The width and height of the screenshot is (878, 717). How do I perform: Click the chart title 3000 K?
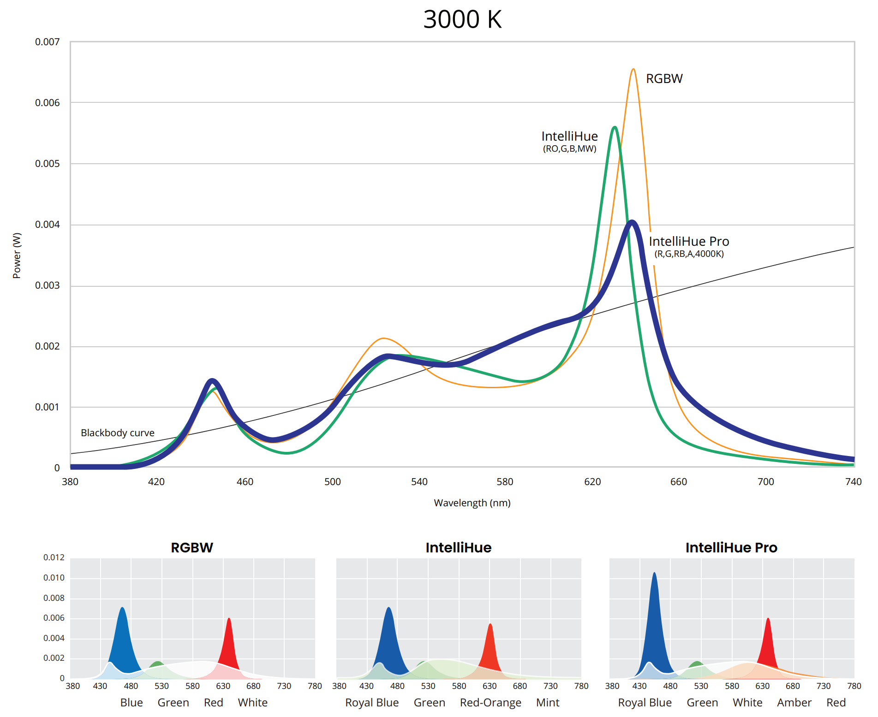(462, 20)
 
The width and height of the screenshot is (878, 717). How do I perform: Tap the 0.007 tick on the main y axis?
(48, 42)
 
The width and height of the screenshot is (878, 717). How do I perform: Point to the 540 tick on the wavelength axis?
(419, 482)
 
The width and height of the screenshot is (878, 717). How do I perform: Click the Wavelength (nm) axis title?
(472, 503)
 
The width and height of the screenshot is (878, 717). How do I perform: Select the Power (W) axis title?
(17, 255)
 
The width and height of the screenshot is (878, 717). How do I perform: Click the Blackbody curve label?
(117, 433)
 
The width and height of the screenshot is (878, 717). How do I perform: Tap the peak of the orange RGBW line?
(633, 70)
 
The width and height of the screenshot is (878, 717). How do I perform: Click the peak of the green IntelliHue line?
(615, 127)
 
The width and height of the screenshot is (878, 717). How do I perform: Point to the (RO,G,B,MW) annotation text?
(569, 149)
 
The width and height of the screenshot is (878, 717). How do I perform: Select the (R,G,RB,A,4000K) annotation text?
(689, 254)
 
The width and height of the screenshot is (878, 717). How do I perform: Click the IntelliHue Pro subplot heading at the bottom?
(731, 548)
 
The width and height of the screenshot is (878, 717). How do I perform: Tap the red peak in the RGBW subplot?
(229, 619)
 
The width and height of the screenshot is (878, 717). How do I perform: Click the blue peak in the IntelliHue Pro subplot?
(654, 574)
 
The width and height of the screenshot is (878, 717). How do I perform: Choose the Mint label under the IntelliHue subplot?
(548, 703)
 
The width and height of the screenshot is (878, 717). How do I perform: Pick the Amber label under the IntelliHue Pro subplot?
(794, 703)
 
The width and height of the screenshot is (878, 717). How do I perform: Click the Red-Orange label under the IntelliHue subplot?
(490, 703)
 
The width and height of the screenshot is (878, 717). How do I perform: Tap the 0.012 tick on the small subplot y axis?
(54, 557)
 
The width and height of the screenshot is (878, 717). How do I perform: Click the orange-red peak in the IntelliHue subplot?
(490, 625)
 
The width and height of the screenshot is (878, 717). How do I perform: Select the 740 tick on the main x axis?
(853, 482)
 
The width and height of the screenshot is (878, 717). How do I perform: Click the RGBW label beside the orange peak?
(664, 79)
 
